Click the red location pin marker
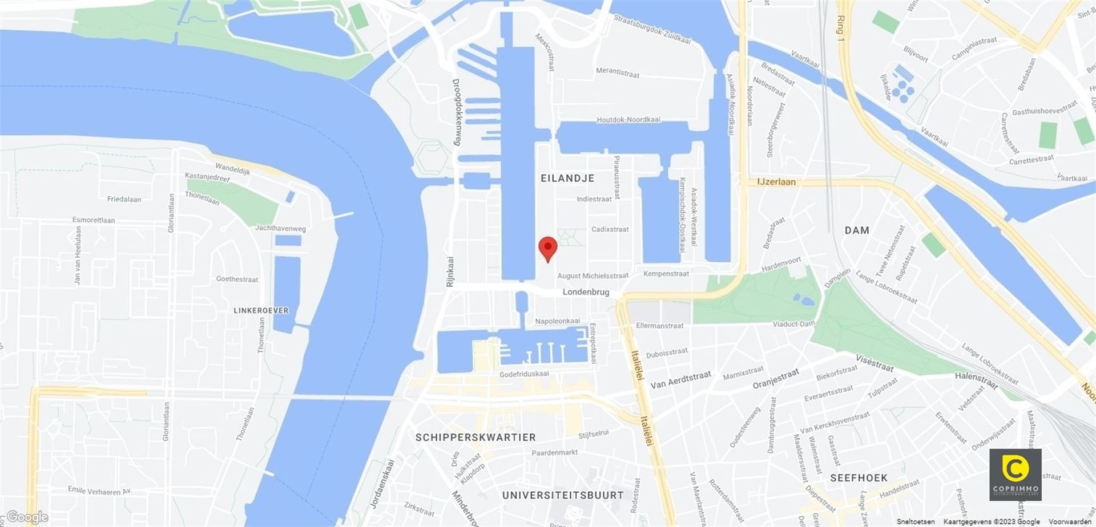[548, 248]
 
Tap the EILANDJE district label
[567, 179]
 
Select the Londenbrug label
[586, 292]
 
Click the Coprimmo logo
[1015, 475]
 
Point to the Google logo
[27, 517]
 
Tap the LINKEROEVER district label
[261, 311]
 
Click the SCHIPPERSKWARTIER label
[475, 437]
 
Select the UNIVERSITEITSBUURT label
[562, 495]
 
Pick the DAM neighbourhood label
[857, 230]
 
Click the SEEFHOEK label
[859, 478]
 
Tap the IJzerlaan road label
[776, 182]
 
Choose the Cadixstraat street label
[610, 229]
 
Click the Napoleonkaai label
[557, 321]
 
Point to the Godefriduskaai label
[524, 374]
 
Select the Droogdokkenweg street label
[456, 112]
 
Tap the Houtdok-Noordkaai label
[628, 120]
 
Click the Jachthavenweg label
[280, 228]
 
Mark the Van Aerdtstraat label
[680, 380]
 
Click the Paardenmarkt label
[554, 452]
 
